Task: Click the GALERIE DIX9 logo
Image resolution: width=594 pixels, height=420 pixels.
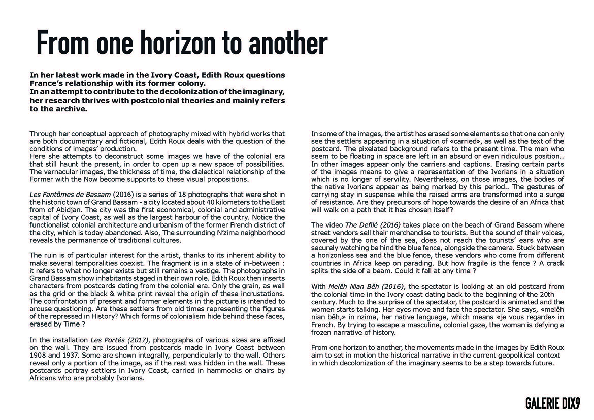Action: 552,404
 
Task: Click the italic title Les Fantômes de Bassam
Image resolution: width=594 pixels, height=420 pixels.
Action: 69,195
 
